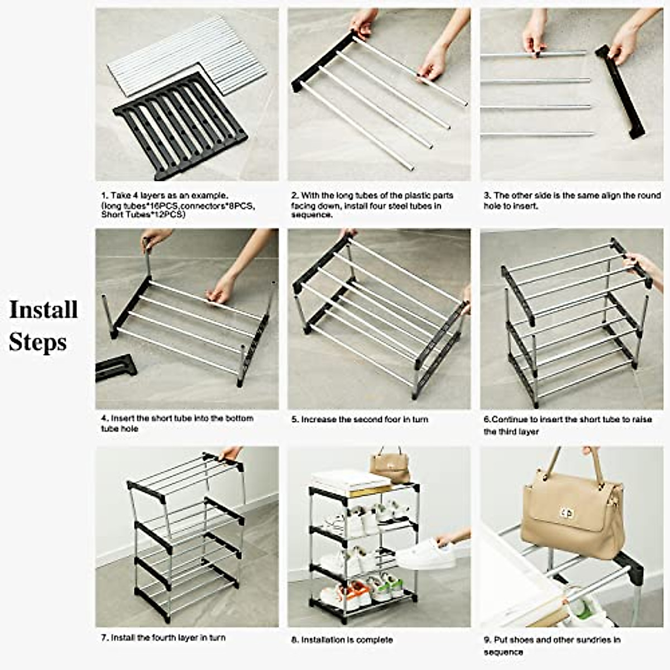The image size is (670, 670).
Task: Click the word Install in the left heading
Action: pyautogui.click(x=43, y=309)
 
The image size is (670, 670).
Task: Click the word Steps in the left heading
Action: pyautogui.click(x=37, y=342)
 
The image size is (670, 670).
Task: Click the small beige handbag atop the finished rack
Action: pyautogui.click(x=390, y=466)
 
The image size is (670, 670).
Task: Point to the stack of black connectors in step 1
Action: pyautogui.click(x=180, y=126)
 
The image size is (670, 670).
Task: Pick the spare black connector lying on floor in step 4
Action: pyautogui.click(x=116, y=368)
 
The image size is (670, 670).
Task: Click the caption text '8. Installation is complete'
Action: pyautogui.click(x=342, y=640)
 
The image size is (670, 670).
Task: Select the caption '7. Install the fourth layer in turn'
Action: pyautogui.click(x=163, y=638)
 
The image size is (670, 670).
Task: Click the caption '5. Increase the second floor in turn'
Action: pyautogui.click(x=359, y=419)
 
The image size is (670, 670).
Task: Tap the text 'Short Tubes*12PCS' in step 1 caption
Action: pyautogui.click(x=142, y=214)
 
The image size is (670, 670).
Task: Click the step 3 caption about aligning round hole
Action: pyautogui.click(x=571, y=200)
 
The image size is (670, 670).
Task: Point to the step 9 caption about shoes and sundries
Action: pyautogui.click(x=552, y=645)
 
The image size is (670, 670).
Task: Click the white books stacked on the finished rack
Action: pyautogui.click(x=350, y=482)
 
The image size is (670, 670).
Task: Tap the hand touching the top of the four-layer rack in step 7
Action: pyautogui.click(x=230, y=452)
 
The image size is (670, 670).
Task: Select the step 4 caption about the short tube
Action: pyautogui.click(x=177, y=423)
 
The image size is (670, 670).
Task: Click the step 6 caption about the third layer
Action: pyautogui.click(x=567, y=425)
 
